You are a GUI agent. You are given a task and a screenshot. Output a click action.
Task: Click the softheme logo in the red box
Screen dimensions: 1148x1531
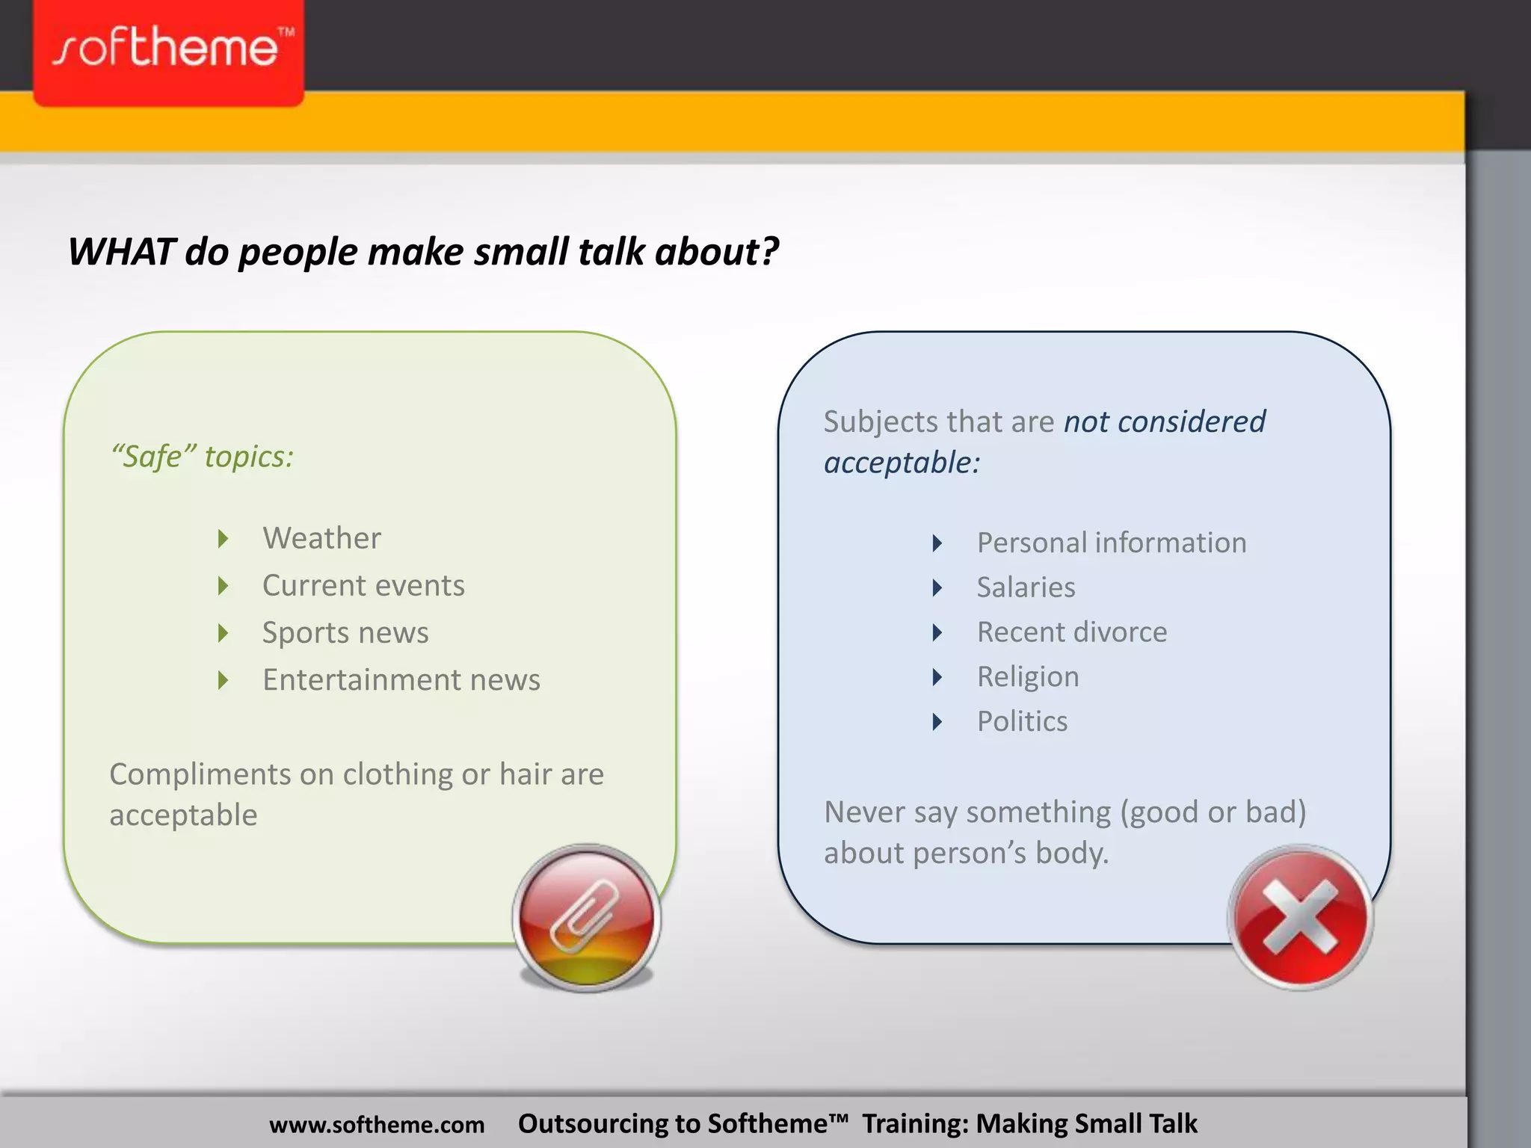(169, 49)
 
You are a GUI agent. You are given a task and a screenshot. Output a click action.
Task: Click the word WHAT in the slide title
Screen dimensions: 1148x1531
(122, 252)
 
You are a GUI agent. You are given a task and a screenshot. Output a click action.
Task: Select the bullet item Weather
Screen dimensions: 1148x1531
(321, 538)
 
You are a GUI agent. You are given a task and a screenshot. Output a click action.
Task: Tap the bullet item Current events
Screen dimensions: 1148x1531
(363, 585)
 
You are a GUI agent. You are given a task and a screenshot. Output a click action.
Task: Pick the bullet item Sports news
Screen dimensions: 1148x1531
(345, 633)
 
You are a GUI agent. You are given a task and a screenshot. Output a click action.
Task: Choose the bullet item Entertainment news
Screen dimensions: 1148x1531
(401, 680)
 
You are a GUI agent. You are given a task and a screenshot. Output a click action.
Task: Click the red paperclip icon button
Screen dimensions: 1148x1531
(587, 918)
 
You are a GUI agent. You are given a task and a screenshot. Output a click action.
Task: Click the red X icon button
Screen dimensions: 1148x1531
(1301, 918)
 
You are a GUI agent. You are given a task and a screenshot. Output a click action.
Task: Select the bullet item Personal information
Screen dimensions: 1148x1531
(1112, 543)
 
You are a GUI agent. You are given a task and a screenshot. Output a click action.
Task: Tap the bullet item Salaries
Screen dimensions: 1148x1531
(1026, 587)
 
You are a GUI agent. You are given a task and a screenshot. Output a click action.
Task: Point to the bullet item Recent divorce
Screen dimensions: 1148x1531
(1072, 632)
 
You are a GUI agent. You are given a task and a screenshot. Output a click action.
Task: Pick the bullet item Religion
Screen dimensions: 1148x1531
(1028, 677)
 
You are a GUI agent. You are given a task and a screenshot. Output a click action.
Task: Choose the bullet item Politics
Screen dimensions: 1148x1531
(1022, 721)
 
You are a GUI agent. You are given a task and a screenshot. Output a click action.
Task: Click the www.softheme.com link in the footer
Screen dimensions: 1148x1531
(377, 1125)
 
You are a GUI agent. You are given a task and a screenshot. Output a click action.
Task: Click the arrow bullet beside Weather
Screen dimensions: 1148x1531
(223, 539)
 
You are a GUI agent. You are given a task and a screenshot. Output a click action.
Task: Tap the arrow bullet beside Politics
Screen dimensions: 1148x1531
(937, 722)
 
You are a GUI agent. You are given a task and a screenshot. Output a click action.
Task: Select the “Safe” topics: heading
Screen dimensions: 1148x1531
(202, 457)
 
